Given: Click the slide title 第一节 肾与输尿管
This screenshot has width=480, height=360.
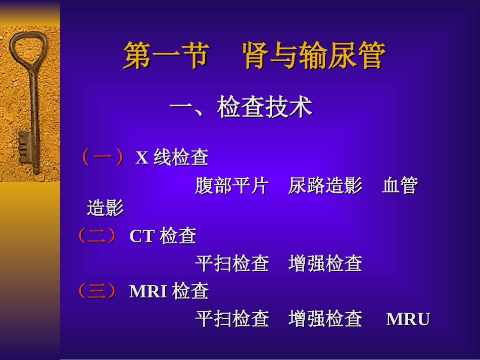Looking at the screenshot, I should tap(254, 56).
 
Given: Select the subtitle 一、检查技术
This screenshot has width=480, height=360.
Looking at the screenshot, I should tap(241, 108).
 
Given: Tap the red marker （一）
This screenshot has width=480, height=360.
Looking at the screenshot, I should tap(103, 158).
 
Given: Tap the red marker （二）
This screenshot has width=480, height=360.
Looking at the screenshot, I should tap(97, 235).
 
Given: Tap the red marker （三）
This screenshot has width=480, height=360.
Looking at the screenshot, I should tap(97, 291).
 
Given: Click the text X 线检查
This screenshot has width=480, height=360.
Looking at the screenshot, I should tap(172, 158).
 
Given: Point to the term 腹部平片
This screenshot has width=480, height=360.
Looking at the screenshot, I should tap(231, 186).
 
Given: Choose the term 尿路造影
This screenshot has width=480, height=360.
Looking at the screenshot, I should tap(325, 186).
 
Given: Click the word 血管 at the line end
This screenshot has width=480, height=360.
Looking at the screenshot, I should tap(400, 186).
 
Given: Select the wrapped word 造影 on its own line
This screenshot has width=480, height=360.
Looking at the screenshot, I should tap(105, 208).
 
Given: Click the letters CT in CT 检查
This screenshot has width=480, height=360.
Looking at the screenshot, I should tap(141, 236).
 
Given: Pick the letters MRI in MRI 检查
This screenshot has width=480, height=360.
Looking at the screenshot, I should tap(148, 292).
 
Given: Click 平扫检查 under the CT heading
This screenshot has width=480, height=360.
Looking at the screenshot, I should tap(232, 264).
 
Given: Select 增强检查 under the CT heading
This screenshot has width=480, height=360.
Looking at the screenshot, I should tap(325, 264).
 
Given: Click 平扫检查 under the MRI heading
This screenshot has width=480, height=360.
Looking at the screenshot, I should tap(232, 319).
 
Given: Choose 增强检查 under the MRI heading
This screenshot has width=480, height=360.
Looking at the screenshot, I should tap(325, 319).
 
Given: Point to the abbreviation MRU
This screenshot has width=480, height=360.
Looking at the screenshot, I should tap(408, 320).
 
